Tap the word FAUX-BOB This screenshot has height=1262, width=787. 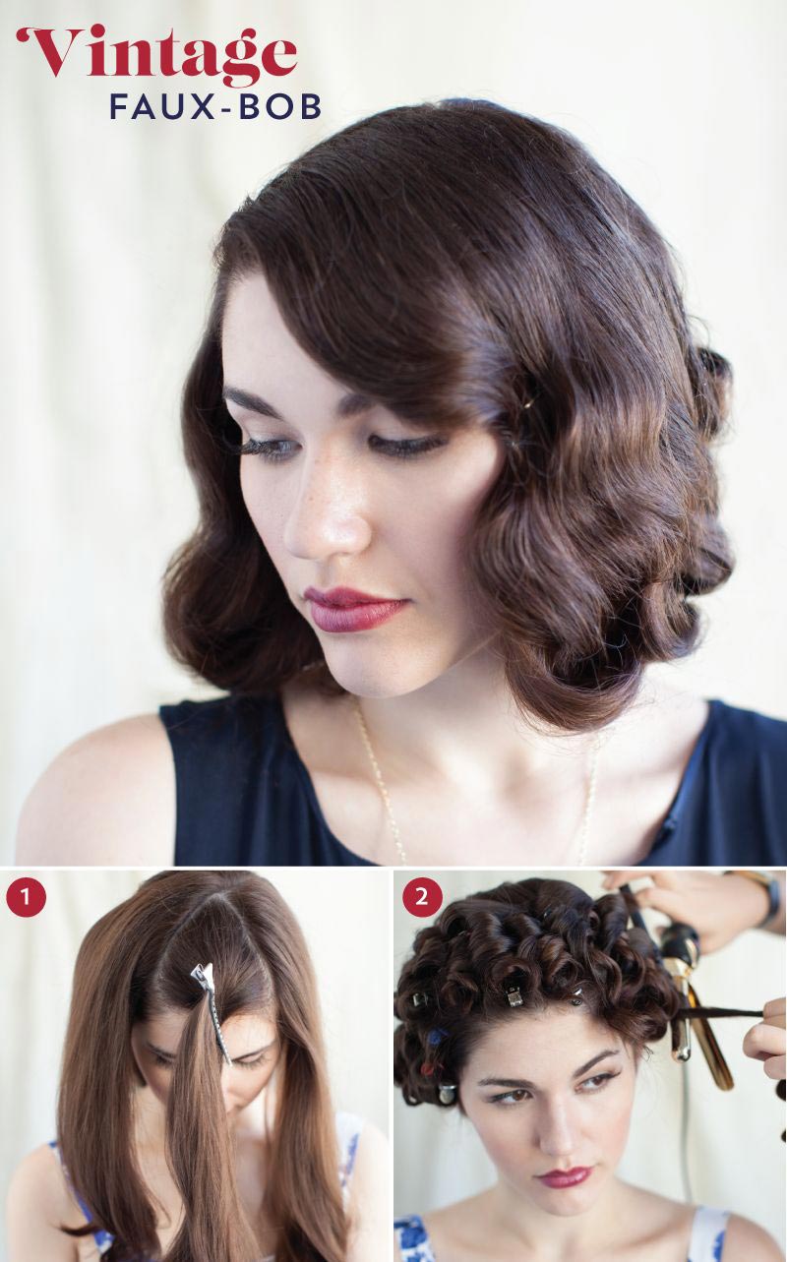tap(215, 107)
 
